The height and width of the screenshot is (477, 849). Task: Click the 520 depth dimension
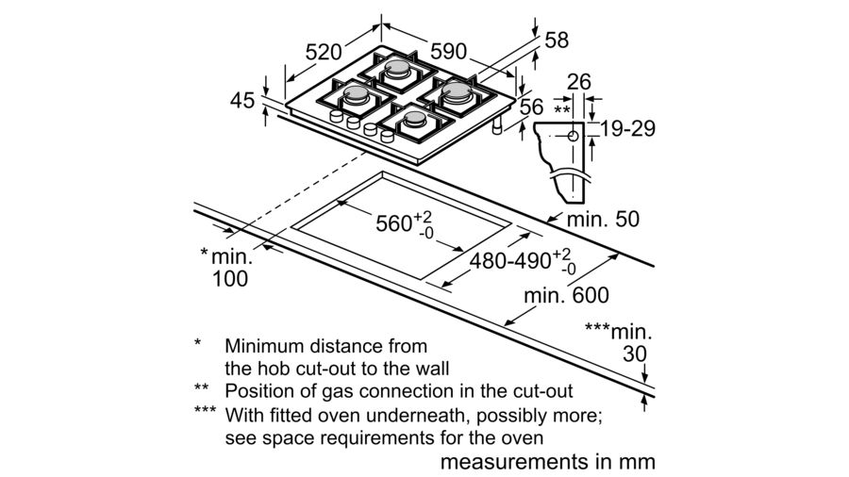click(x=324, y=52)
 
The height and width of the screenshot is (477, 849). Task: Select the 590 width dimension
click(x=448, y=52)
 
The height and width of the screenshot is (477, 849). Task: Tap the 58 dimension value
click(x=557, y=40)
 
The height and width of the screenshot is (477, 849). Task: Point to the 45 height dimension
click(x=242, y=101)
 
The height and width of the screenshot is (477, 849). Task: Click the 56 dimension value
click(x=531, y=107)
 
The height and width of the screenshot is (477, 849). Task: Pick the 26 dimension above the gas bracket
click(x=579, y=82)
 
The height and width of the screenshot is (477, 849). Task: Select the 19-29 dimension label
click(x=628, y=129)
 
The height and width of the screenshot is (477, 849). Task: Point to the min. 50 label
click(x=603, y=219)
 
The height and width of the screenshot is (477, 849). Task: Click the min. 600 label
click(x=566, y=295)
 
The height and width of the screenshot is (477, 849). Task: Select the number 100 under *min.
click(x=230, y=278)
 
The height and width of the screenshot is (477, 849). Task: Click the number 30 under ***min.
click(x=635, y=354)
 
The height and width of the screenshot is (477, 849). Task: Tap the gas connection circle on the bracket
click(x=573, y=137)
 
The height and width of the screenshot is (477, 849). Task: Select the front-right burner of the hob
click(x=415, y=121)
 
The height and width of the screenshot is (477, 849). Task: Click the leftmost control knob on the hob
click(x=336, y=116)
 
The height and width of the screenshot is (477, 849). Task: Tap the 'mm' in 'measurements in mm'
click(x=638, y=463)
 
